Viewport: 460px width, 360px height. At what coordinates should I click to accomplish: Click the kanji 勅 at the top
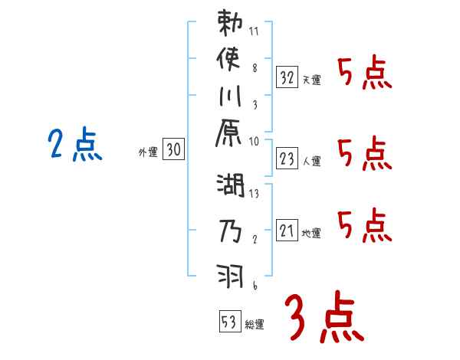coord(230,24)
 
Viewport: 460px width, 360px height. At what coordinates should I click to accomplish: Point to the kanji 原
coord(230,136)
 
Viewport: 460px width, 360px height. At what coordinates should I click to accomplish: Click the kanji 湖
coord(230,185)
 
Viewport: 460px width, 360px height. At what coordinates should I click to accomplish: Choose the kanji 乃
coord(230,230)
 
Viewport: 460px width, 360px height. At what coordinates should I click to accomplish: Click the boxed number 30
coord(173,151)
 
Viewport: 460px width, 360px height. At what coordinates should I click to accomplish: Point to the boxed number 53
coord(229,322)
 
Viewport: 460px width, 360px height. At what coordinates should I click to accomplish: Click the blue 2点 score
coord(74,146)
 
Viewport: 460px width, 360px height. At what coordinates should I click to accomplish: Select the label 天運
coord(311,80)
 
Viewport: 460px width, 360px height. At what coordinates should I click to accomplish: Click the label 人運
coord(311,162)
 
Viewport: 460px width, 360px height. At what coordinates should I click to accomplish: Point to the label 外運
coord(148,153)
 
